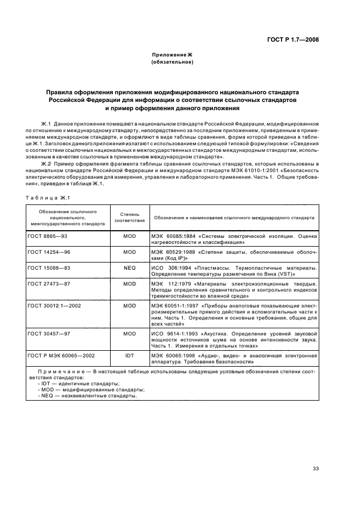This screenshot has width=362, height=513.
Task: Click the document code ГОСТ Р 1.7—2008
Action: coord(290,39)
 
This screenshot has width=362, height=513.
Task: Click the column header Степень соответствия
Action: coord(129,217)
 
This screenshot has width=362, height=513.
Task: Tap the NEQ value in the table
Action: coord(129,267)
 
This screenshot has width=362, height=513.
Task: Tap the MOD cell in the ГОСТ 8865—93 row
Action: coord(129,237)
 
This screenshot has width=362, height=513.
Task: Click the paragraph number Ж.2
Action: coord(46,164)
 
